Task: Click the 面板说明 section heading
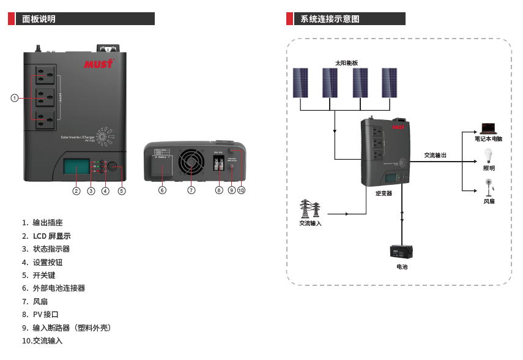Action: (x=39, y=19)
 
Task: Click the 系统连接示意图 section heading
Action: (x=330, y=19)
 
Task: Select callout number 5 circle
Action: (x=122, y=191)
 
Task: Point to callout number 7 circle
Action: (x=191, y=190)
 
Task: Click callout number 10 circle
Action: (x=241, y=190)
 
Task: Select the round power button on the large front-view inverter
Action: (x=113, y=165)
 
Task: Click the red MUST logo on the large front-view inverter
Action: (x=98, y=63)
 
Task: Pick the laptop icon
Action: (x=488, y=129)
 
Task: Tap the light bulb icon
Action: (x=488, y=155)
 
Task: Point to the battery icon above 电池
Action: (x=402, y=252)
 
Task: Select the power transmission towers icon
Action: (x=310, y=209)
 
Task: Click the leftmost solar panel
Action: (x=300, y=83)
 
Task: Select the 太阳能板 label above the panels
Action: (x=346, y=63)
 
